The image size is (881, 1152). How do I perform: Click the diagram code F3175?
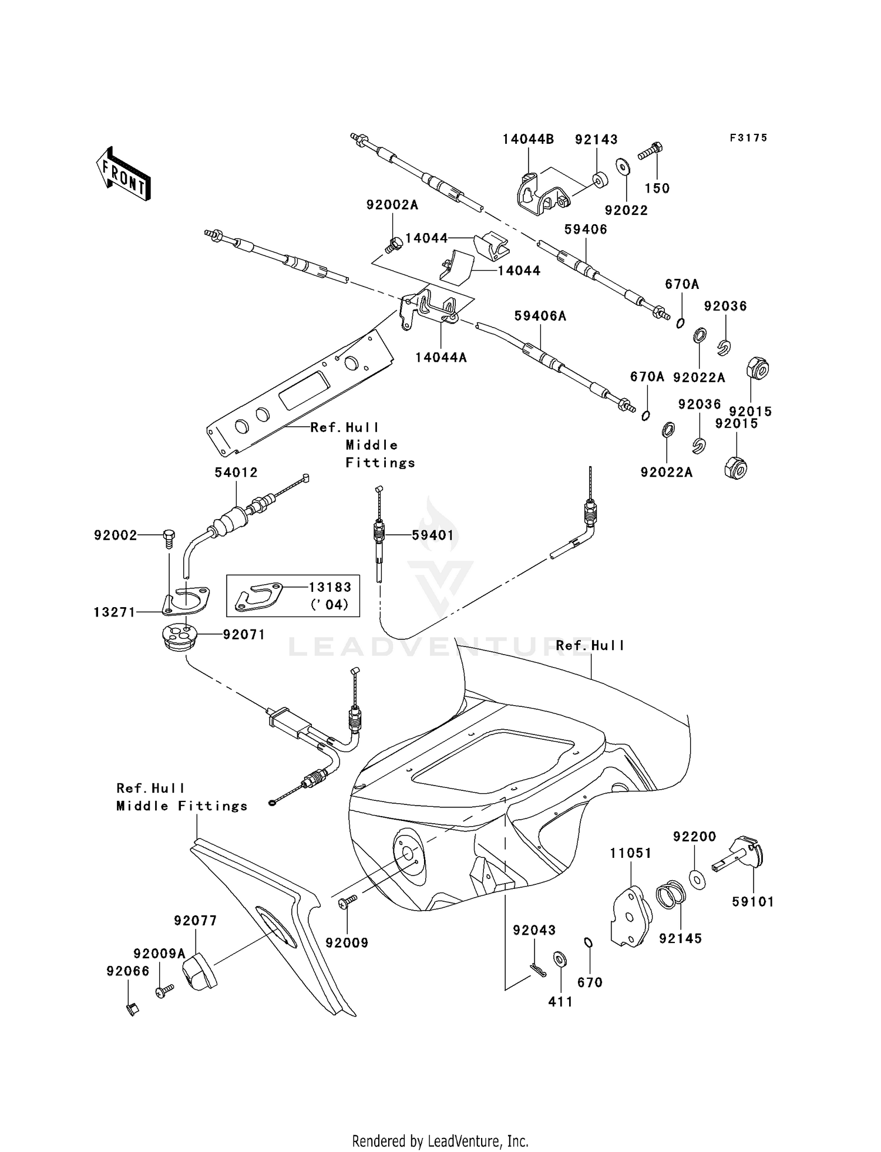tap(748, 138)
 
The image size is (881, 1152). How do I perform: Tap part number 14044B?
tap(528, 139)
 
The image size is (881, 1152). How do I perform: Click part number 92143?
tap(596, 139)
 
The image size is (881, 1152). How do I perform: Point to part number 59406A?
tap(540, 316)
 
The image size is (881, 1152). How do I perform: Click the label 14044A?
tap(441, 357)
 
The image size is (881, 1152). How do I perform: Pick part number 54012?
tap(236, 472)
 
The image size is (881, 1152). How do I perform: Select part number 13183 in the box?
tap(331, 587)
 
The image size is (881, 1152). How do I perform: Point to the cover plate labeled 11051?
tap(629, 917)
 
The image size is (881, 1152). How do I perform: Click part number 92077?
tap(195, 921)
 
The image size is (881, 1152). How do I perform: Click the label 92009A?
tap(159, 954)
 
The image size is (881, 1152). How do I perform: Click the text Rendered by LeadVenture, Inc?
tap(441, 1140)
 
